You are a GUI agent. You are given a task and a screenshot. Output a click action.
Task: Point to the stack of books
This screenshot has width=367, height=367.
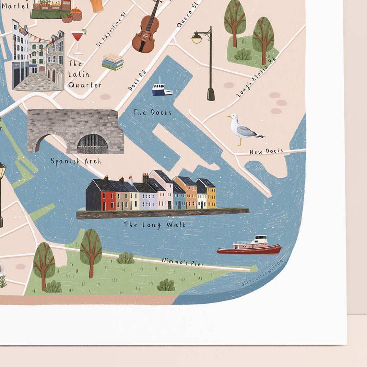(113, 62)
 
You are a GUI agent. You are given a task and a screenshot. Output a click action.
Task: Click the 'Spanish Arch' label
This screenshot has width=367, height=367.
(76, 161)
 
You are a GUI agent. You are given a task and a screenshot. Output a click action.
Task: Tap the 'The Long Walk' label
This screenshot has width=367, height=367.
(155, 225)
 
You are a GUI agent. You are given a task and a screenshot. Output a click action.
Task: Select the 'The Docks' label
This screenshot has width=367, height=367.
(152, 112)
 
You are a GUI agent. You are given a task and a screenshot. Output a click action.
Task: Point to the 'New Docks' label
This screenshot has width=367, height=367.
(266, 151)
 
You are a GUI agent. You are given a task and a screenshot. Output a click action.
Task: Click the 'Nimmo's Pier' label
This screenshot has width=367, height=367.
(183, 262)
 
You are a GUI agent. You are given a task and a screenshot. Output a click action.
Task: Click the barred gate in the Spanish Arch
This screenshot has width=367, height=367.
(92, 144)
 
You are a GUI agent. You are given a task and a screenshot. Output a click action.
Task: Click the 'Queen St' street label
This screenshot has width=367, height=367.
(187, 15)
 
